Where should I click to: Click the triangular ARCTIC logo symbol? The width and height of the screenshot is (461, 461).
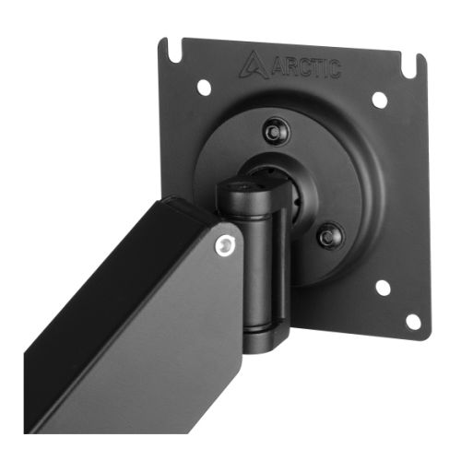[x=254, y=65]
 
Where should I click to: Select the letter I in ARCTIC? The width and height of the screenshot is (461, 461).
[x=326, y=69]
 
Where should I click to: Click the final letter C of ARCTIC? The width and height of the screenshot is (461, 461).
[x=336, y=70]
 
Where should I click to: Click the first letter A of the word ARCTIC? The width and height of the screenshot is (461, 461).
[x=278, y=67]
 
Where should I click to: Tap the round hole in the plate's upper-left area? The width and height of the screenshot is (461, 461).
[x=205, y=87]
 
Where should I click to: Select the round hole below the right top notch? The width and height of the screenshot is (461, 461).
[x=380, y=100]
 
